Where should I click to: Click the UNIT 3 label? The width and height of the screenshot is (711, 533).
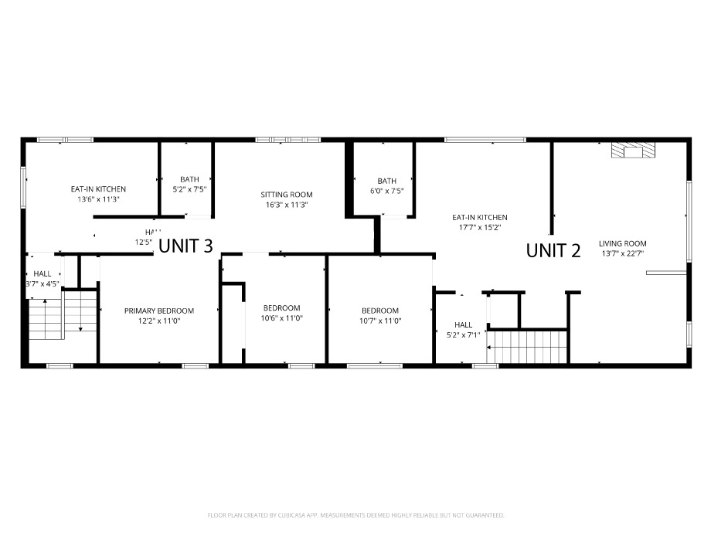click(x=185, y=246)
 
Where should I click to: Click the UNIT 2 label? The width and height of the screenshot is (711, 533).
click(x=553, y=250)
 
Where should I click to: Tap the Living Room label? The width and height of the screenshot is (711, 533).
click(x=622, y=243)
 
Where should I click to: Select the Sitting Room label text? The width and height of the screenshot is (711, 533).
click(x=287, y=195)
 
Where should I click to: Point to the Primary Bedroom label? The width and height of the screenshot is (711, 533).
click(x=159, y=311)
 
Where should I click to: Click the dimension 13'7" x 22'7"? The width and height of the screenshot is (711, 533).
click(x=622, y=253)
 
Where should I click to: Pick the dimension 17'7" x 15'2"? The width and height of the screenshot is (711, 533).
click(x=480, y=228)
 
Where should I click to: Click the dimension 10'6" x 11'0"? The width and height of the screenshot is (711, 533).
click(x=282, y=317)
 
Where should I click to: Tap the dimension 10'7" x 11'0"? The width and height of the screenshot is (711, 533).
click(x=380, y=321)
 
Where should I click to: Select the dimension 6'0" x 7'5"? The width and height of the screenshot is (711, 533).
click(x=386, y=191)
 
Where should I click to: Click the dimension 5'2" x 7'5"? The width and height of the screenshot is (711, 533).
click(x=189, y=189)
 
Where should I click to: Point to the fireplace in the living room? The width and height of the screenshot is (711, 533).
click(x=633, y=151)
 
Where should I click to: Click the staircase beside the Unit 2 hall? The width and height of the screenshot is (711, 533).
click(x=529, y=345)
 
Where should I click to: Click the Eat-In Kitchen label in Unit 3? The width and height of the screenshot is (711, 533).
click(x=98, y=189)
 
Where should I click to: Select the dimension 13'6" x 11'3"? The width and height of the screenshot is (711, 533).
click(x=98, y=199)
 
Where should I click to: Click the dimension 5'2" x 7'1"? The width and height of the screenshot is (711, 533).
click(x=463, y=334)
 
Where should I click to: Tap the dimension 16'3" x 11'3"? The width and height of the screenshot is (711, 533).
click(x=287, y=205)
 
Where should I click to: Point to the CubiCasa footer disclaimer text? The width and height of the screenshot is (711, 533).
click(x=355, y=514)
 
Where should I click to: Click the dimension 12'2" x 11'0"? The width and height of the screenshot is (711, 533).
click(x=159, y=321)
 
